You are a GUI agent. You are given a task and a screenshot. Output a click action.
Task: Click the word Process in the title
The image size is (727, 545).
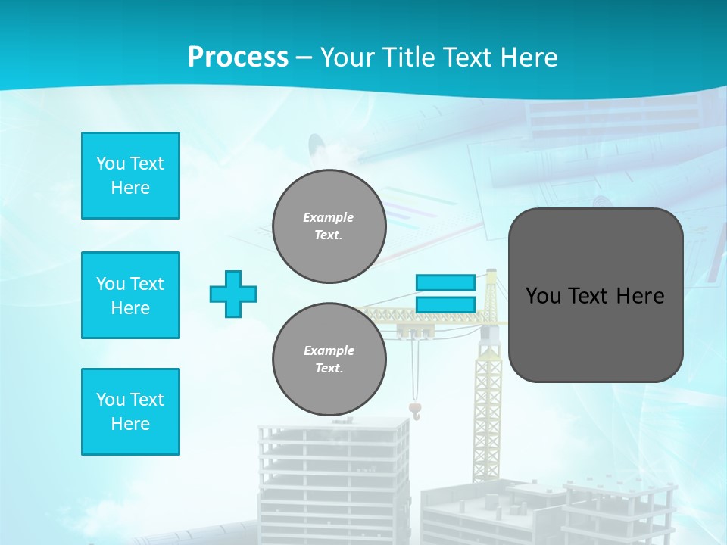(x=238, y=58)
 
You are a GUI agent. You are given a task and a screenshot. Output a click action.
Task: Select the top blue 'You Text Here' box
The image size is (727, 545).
(x=130, y=176)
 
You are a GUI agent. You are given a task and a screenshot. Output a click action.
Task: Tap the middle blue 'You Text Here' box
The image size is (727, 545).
(x=130, y=295)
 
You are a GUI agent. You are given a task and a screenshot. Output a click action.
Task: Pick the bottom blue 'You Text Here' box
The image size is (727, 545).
(x=130, y=412)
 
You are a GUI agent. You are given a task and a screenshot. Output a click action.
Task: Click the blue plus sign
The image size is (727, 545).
(x=233, y=294)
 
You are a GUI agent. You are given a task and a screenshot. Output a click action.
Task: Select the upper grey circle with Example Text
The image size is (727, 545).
(x=329, y=226)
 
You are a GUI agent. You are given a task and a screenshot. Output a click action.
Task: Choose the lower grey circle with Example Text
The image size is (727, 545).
(x=329, y=360)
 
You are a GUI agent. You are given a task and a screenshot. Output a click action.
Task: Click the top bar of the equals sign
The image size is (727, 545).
(x=445, y=283)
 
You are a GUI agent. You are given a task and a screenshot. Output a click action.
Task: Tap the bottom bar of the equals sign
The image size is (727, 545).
(x=445, y=305)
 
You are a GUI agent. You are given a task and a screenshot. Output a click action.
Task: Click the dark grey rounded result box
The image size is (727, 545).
(x=595, y=295)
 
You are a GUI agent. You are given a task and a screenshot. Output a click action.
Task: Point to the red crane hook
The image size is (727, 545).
(x=414, y=410)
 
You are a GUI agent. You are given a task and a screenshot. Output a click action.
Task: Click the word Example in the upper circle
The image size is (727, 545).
(x=328, y=217)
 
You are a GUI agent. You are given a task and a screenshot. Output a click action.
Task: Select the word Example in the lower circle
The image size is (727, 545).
(x=329, y=350)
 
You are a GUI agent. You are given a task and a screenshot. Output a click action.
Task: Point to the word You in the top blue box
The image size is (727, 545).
(x=110, y=163)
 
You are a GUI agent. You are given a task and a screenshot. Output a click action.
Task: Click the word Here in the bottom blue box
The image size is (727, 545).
(x=130, y=424)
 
